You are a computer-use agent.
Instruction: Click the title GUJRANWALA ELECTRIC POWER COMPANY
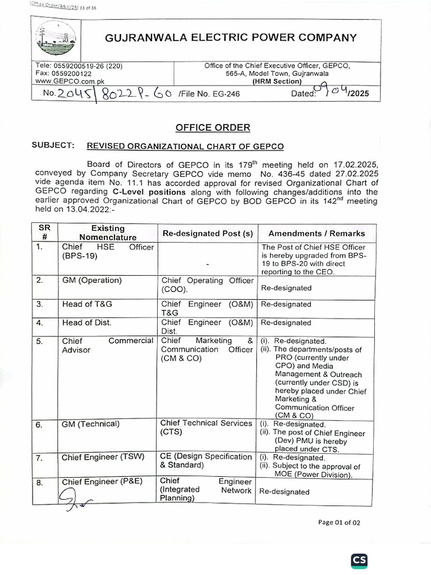point(231,38)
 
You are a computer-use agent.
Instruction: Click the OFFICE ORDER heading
point(213,127)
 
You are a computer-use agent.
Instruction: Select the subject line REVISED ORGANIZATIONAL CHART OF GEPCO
point(185,147)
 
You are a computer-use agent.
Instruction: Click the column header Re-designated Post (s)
point(207,234)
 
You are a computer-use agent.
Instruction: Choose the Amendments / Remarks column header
point(317,234)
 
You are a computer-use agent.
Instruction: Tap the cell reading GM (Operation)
point(92,280)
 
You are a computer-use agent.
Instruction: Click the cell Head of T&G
point(87,304)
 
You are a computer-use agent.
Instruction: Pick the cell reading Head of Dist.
point(86,322)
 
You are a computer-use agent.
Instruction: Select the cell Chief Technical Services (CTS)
point(206,427)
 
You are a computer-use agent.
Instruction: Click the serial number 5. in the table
point(39,341)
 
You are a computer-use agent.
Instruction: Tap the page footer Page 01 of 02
point(339,522)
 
